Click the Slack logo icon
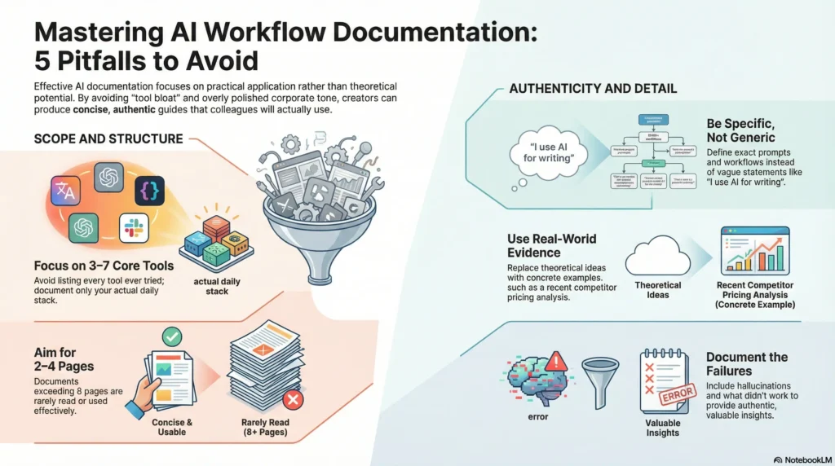[135, 228]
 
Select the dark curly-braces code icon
[150, 190]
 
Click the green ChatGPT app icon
[84, 228]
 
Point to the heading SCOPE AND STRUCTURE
[108, 138]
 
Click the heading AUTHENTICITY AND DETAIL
[593, 88]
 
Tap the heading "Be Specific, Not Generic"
[740, 131]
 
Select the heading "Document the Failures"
[746, 364]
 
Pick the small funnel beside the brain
[600, 379]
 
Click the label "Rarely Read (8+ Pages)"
[266, 428]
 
